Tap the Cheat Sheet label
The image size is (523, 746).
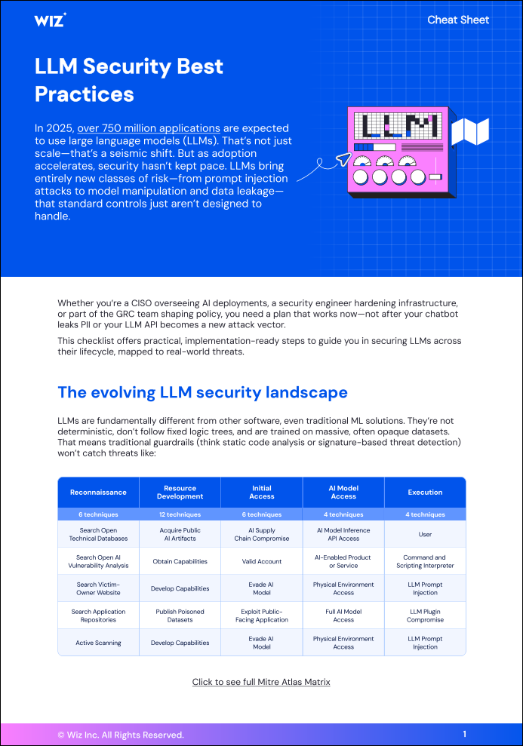(458, 20)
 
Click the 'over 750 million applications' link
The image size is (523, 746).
(149, 128)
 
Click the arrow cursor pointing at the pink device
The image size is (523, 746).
(343, 158)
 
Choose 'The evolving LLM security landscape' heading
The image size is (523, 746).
(202, 392)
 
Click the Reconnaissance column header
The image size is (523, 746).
(98, 493)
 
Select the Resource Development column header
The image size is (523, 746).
(180, 493)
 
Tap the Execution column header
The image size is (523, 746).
(425, 493)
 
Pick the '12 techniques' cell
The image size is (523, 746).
(180, 514)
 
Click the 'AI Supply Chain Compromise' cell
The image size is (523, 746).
(262, 535)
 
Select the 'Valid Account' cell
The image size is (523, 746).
(262, 562)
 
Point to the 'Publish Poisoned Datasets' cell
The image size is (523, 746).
(180, 616)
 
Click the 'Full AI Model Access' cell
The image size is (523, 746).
(343, 616)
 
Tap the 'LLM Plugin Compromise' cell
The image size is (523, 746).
(425, 616)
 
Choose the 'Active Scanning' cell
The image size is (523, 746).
(98, 643)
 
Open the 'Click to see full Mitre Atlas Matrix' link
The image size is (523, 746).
(261, 682)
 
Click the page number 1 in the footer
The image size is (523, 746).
(464, 734)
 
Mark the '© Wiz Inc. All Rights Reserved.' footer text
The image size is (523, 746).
(121, 735)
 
